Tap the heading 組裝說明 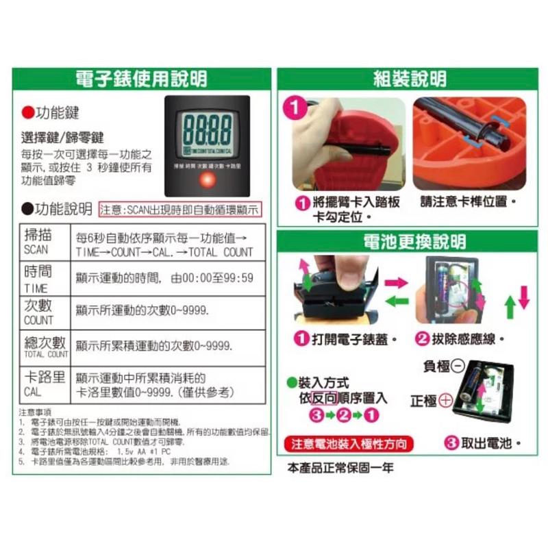[x=410, y=79]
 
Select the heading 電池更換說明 [x=410, y=241]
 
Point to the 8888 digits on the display [x=207, y=129]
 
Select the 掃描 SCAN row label [x=39, y=239]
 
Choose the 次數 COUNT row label [x=38, y=312]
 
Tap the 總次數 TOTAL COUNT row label [x=42, y=347]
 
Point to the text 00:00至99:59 [x=218, y=277]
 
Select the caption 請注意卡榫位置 [x=467, y=203]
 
